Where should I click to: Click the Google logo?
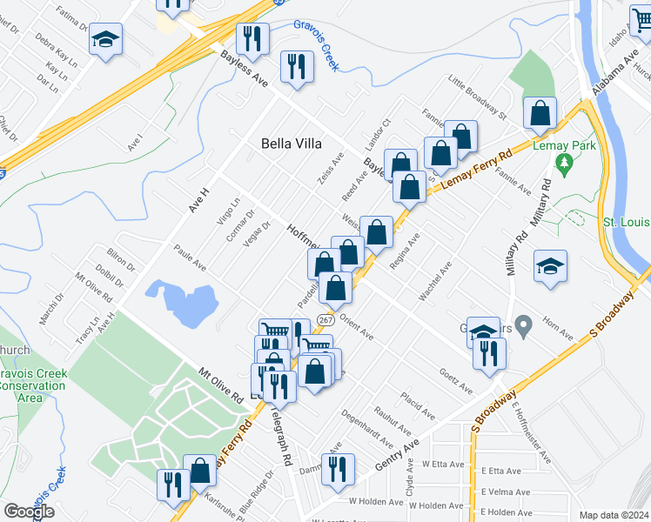tap(29, 511)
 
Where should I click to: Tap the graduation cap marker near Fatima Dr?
tap(106, 39)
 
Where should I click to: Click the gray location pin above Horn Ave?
tap(523, 327)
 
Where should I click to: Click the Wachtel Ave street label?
tap(434, 282)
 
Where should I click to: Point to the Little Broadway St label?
tap(477, 97)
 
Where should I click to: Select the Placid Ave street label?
tap(418, 406)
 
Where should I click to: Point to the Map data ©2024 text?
tap(614, 515)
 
